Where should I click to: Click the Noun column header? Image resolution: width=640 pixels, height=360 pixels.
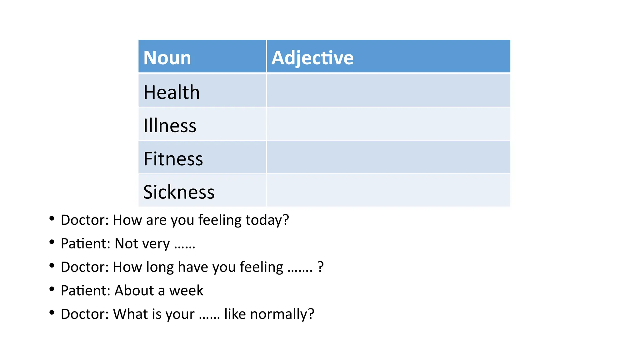coord(167,58)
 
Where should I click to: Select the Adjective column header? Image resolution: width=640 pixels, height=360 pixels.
coord(312,58)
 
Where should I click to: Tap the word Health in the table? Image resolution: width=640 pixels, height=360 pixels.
coord(172,92)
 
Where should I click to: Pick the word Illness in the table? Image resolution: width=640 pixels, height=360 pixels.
coord(170,126)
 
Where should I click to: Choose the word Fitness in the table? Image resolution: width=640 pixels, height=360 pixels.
coord(173,159)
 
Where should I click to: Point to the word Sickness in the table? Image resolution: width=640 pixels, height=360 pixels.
coord(179,192)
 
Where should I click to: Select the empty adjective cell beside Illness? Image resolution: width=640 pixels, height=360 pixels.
coord(388,124)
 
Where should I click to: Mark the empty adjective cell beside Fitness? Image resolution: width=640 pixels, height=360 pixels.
coord(388,157)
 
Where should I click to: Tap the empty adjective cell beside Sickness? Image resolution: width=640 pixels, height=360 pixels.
coord(388,190)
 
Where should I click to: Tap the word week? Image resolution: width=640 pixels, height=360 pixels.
coord(186,291)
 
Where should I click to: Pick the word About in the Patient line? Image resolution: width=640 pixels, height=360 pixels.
coord(134,291)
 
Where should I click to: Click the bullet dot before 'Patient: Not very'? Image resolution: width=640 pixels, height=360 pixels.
coord(52,242)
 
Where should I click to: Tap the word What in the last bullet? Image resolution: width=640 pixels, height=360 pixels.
coord(128,314)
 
